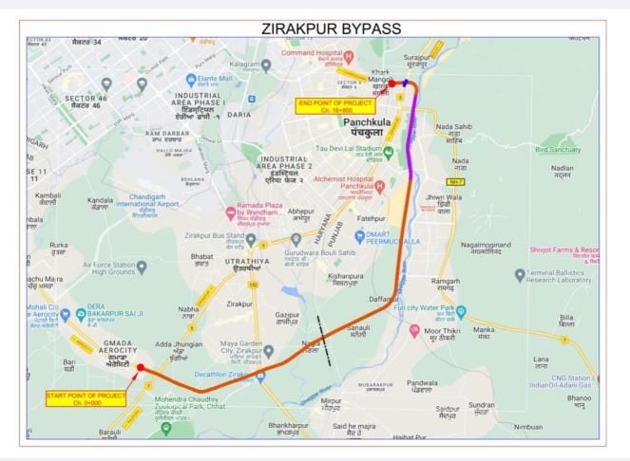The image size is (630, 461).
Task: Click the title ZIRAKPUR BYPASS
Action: [331, 29]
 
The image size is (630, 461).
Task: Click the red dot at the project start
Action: [141, 367]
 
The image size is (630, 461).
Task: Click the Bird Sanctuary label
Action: [557, 149]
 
